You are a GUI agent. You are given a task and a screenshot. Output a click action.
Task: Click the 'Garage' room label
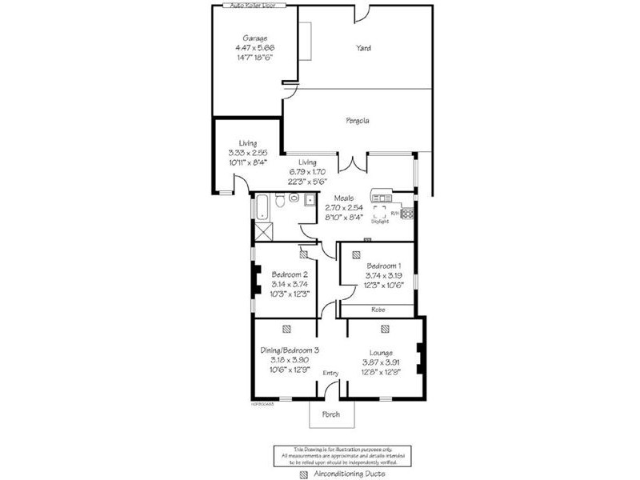[255, 38]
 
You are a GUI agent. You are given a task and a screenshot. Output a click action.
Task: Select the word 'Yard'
[364, 48]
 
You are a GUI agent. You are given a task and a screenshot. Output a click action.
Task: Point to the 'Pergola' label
[357, 121]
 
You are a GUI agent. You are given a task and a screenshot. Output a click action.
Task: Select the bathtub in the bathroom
[260, 206]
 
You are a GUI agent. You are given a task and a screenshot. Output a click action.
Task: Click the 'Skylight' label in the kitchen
[380, 222]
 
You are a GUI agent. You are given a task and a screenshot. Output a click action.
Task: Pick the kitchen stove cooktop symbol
[407, 214]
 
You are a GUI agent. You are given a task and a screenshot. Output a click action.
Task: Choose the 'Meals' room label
[344, 198]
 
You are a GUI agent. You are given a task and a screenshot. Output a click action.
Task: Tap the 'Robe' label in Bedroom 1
[378, 309]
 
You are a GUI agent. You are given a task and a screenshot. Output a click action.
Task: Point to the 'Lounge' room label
[381, 352]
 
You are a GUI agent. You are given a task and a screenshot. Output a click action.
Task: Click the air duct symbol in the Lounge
[385, 328]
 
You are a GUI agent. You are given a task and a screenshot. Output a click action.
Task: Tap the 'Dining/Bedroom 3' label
[290, 350]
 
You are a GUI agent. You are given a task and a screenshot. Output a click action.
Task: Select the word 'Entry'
[330, 373]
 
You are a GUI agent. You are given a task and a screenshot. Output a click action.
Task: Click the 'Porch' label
[330, 414]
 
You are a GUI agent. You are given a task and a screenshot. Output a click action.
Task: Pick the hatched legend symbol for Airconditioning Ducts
[303, 474]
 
